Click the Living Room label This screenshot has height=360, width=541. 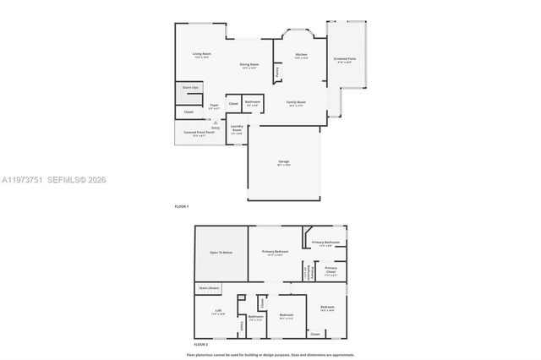[201, 53]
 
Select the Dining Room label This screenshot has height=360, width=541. [249, 64]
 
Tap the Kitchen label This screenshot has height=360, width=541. [302, 55]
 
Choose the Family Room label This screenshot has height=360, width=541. [296, 101]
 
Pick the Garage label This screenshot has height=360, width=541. [284, 161]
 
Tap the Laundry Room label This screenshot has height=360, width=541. [237, 129]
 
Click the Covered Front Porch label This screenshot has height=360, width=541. [199, 132]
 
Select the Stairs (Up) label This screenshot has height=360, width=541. [190, 87]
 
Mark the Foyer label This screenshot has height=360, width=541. [215, 106]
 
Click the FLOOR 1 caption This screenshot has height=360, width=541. [181, 206]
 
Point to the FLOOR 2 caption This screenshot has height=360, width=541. [200, 345]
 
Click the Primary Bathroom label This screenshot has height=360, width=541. [325, 243]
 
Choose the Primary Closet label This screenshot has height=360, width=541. [331, 270]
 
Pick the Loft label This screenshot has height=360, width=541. [218, 311]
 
